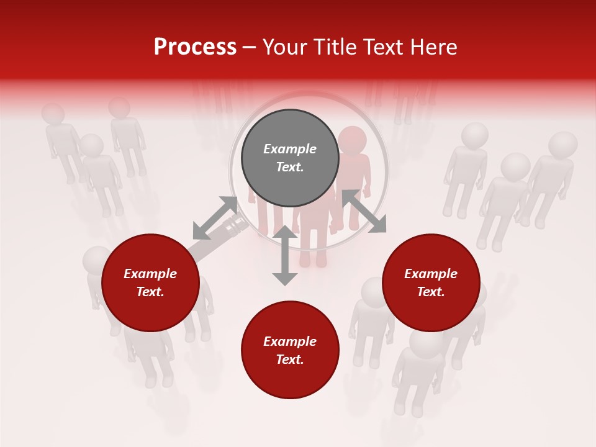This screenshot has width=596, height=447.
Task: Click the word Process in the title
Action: pos(195,47)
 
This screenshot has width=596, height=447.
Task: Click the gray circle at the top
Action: pos(290,158)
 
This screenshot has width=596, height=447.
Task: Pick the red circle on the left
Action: pos(150,283)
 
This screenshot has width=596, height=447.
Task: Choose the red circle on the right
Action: pos(431,283)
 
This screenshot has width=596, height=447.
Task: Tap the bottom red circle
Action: pos(290,350)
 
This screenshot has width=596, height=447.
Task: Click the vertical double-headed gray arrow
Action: pos(285,255)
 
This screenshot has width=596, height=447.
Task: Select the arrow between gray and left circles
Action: pos(215,218)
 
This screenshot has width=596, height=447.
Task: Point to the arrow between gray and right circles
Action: pos(364,211)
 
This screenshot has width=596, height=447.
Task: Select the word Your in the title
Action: pos(284,47)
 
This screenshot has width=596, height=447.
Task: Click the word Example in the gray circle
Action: pos(290,149)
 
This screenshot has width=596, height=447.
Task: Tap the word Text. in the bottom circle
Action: pos(290,359)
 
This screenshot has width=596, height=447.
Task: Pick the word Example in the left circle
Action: pos(150,274)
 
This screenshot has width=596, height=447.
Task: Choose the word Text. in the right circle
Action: pos(431,292)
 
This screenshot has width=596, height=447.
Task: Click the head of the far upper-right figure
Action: pos(562,145)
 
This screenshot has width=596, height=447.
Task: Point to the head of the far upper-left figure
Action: pos(53,114)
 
